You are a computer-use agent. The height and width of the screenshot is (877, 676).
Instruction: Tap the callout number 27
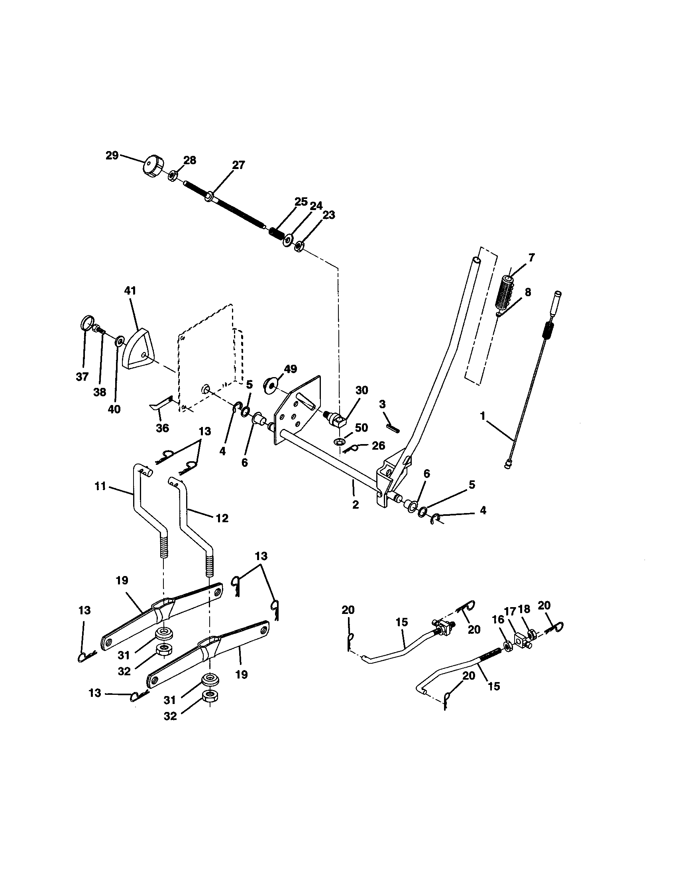(x=238, y=165)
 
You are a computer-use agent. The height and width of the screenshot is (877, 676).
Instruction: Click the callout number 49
(x=290, y=369)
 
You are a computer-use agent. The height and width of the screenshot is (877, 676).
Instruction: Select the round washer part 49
(x=270, y=385)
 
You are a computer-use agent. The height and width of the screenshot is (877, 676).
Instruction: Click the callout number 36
(x=162, y=428)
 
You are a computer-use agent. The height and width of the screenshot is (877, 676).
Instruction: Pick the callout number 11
(x=100, y=486)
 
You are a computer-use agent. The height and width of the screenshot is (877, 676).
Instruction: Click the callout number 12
(x=222, y=518)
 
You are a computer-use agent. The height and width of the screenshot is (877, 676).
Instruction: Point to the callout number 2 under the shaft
(x=355, y=505)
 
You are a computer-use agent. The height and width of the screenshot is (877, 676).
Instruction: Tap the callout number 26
(x=378, y=445)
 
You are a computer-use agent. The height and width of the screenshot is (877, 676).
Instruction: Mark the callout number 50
(x=361, y=428)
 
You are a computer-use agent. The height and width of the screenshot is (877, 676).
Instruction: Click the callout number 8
(x=527, y=292)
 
